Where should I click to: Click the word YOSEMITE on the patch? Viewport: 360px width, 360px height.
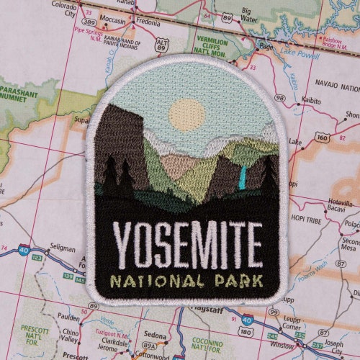click(x=187, y=244)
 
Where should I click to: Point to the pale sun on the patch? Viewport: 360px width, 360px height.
click(x=186, y=114)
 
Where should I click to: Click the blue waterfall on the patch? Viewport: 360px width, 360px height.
click(x=243, y=175)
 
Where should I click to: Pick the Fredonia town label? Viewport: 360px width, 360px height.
click(x=148, y=22)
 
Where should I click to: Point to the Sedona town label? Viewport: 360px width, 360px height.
click(x=156, y=336)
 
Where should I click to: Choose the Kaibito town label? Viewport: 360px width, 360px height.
click(x=312, y=100)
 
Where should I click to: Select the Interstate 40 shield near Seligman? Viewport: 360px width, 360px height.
click(x=25, y=250)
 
